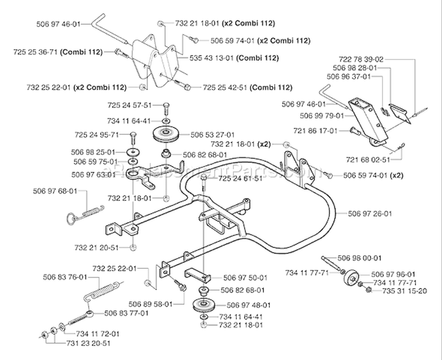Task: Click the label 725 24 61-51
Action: point(240,178)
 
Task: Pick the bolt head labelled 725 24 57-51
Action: point(166,107)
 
